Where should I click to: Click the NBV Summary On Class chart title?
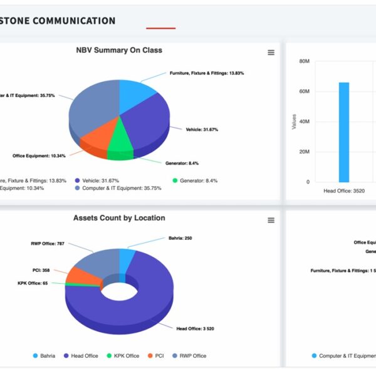click(118, 50)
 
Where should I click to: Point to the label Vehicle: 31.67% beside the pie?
click(202, 130)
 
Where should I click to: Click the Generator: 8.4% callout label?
click(182, 164)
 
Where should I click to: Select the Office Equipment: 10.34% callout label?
click(38, 156)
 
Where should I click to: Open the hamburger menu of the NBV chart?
click(271, 53)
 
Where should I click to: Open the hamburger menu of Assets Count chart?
click(271, 221)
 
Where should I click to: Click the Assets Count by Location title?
click(119, 218)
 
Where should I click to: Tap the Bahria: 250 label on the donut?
click(180, 238)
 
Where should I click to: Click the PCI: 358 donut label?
click(41, 271)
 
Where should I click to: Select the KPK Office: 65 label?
click(33, 283)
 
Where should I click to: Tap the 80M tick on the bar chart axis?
click(304, 61)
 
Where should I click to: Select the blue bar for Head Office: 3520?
click(344, 132)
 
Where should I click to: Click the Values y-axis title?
click(295, 122)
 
